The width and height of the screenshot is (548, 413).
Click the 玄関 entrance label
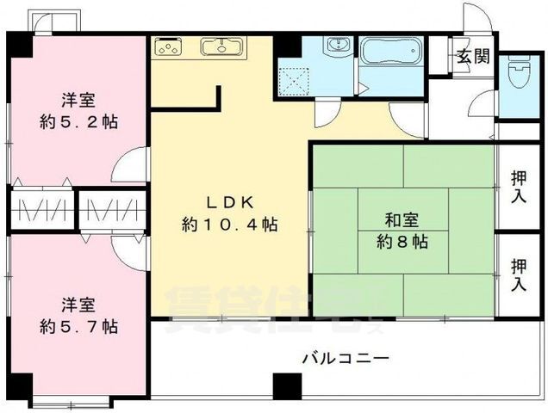click(x=473, y=57)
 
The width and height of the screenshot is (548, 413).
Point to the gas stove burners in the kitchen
click(x=169, y=46)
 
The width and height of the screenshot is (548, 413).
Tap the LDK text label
click(x=228, y=203)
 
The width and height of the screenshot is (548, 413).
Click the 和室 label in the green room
click(x=402, y=219)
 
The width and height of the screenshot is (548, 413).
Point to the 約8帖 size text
click(x=402, y=241)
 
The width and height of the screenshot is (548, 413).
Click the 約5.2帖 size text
click(x=78, y=121)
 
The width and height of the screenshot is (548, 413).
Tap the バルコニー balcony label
click(x=346, y=357)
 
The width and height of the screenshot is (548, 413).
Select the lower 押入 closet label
click(x=520, y=274)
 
